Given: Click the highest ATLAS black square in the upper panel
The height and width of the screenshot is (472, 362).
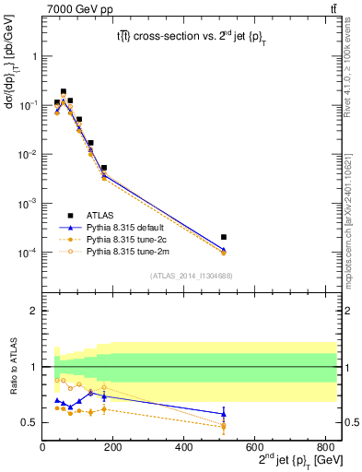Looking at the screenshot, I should [x=64, y=92].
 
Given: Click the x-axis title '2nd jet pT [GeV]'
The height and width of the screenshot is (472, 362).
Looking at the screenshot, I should [x=294, y=459].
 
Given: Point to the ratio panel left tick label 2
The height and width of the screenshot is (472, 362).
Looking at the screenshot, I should [x=33, y=311].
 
